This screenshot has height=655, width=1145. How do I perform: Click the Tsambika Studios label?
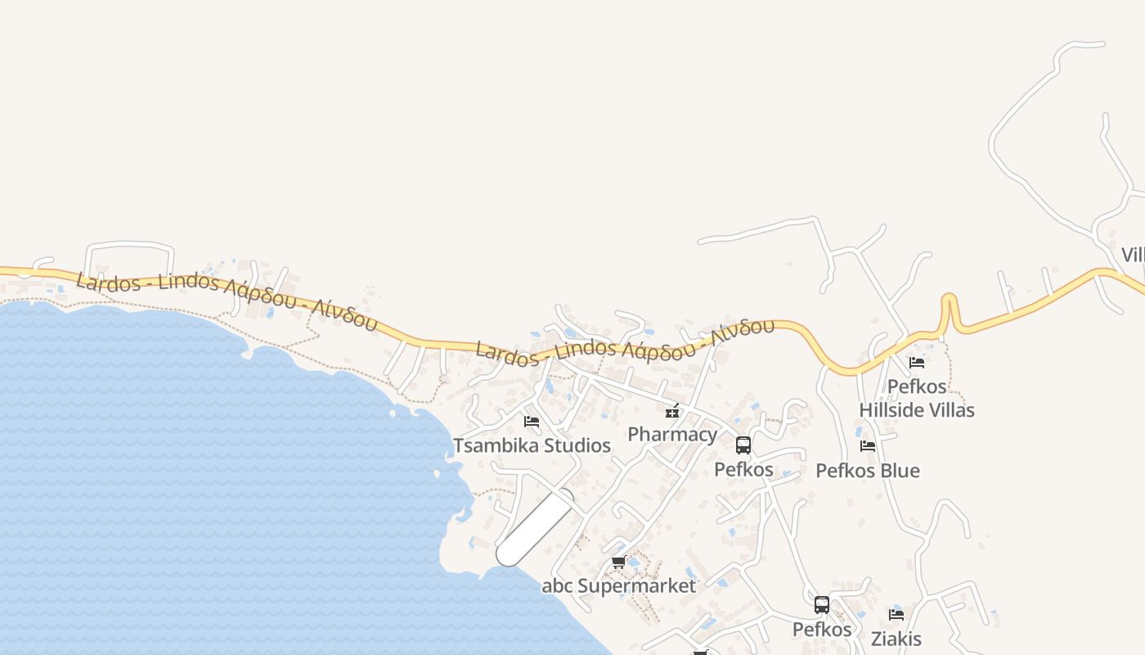click(532, 445)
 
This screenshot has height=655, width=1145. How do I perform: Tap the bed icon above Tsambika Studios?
click(532, 422)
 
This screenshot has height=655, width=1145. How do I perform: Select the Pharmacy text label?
click(672, 434)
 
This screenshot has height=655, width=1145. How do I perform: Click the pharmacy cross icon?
click(672, 411)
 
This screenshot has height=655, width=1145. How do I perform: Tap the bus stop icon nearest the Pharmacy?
click(743, 445)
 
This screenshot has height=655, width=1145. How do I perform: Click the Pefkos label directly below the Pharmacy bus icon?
click(743, 470)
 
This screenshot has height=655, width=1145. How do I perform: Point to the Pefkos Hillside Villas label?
click(917, 398)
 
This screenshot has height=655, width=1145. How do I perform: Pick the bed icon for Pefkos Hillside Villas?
click(917, 362)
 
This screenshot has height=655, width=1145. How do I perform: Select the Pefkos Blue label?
click(868, 471)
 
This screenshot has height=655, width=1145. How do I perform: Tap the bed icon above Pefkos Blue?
click(868, 446)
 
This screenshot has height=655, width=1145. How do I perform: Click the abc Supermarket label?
click(619, 586)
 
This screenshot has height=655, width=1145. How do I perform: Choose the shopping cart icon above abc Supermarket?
click(619, 562)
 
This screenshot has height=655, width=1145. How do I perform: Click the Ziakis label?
click(896, 639)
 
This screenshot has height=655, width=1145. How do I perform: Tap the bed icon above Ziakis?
click(896, 614)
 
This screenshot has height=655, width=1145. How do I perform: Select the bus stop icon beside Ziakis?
click(822, 605)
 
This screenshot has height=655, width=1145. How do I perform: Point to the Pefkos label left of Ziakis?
click(822, 630)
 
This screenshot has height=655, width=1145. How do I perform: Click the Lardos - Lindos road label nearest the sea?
click(227, 300)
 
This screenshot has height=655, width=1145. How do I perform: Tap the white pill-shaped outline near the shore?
click(535, 527)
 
